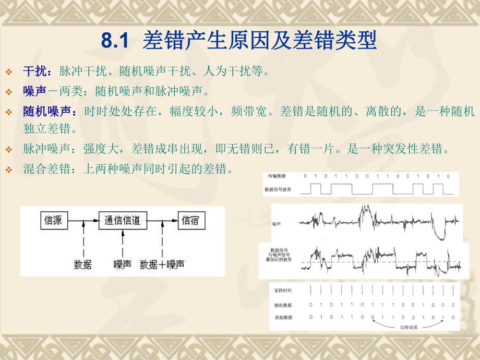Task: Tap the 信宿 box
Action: point(190,221)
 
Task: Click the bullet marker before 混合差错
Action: point(8,170)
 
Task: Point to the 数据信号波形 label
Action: point(279,188)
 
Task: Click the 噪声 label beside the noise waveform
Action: point(277,223)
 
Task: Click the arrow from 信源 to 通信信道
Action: point(84,221)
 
